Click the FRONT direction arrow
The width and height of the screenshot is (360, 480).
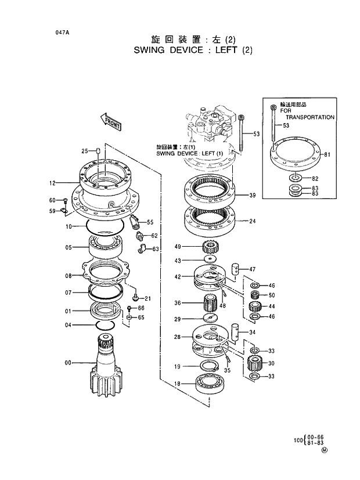[x=110, y=121]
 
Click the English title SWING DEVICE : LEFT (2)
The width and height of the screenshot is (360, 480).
[x=193, y=50]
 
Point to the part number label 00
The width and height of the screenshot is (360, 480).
[x=68, y=363]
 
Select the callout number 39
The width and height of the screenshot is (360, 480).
[x=253, y=194]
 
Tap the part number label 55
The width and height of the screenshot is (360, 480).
[x=150, y=222]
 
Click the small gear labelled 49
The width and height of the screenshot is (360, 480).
[x=210, y=247]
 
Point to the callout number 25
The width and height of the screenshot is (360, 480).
[x=84, y=151]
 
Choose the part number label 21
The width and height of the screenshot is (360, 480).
[x=147, y=298]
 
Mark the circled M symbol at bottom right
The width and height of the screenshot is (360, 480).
[x=325, y=449]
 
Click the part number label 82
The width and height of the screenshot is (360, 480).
[x=315, y=178]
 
